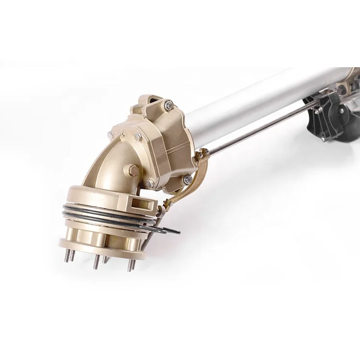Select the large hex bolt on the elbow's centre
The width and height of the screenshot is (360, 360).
[131, 170]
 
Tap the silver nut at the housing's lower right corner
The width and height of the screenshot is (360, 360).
[186, 180]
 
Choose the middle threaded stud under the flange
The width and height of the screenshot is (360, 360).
[97, 262]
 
